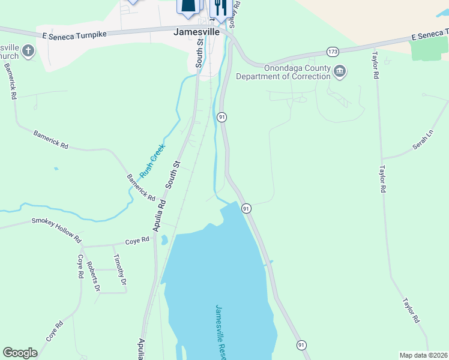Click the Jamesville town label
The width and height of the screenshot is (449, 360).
[x=196, y=32]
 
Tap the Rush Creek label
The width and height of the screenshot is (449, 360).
[x=152, y=160]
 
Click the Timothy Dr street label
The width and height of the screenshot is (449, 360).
[x=120, y=269]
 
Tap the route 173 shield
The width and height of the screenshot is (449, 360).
[x=333, y=51]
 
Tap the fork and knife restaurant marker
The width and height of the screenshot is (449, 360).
[x=220, y=7]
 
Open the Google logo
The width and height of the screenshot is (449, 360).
[x=20, y=353]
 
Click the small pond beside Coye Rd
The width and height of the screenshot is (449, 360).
[x=164, y=240]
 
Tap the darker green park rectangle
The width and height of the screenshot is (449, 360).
[x=430, y=49]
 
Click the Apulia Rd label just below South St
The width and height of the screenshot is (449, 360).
[x=159, y=216]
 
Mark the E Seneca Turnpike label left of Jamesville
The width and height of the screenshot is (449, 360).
[x=74, y=35]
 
